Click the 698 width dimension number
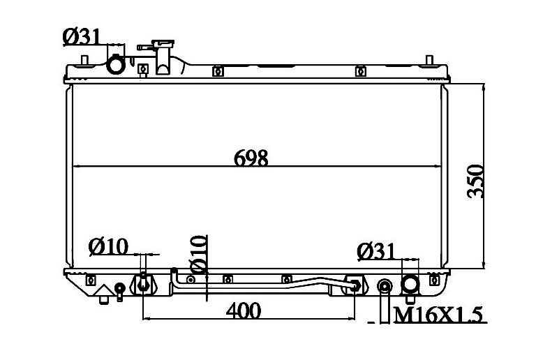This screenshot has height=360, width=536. point(251,158)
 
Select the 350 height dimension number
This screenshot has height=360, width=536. point(475,181)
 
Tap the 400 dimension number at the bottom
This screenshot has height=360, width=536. point(244,311)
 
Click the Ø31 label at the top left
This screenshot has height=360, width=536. point(82,37)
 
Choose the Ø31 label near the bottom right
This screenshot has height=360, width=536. point(375,252)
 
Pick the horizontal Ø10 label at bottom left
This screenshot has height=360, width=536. point(108,246)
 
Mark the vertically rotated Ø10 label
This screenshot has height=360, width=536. point(198,254)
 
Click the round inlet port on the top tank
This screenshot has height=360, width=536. point(116,65)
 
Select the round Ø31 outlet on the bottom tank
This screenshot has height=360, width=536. point(410,284)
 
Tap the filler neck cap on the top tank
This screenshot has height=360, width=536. point(163,44)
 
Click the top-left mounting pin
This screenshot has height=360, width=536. point(84,60)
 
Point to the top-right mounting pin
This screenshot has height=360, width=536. point(430,60)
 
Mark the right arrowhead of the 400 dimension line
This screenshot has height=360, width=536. point(352,319)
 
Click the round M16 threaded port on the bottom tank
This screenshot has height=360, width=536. point(385,286)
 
